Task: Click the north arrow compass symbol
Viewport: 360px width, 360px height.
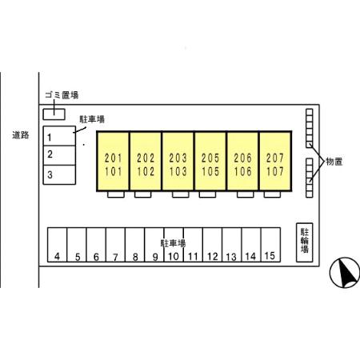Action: point(345,273)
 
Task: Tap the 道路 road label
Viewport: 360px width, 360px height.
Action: point(21,135)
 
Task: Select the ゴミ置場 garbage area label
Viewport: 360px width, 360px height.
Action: point(62,95)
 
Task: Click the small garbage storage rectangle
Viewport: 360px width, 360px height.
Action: point(54,114)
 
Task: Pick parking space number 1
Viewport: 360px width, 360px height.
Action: point(59,136)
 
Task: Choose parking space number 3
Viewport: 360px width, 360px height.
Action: point(59,174)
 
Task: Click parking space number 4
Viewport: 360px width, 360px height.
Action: point(57,245)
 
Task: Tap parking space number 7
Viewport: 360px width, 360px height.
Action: point(115,245)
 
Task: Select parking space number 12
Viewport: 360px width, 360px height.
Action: point(213,245)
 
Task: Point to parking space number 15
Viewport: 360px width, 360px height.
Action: point(270,245)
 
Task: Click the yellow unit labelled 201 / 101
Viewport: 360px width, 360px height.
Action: point(114,162)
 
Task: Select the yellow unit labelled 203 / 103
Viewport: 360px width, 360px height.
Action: point(178,162)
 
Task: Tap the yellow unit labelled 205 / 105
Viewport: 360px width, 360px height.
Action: point(210,162)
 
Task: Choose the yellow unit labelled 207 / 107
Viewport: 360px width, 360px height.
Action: point(275,162)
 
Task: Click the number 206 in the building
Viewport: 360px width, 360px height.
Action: point(242,158)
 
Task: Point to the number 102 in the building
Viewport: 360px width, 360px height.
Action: point(146,171)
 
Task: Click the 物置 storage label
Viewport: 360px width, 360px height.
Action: point(334,162)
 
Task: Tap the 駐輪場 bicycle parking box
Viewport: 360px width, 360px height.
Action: point(305,242)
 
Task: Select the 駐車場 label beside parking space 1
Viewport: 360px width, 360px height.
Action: point(92,119)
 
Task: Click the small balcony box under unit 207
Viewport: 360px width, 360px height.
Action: point(272,194)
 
